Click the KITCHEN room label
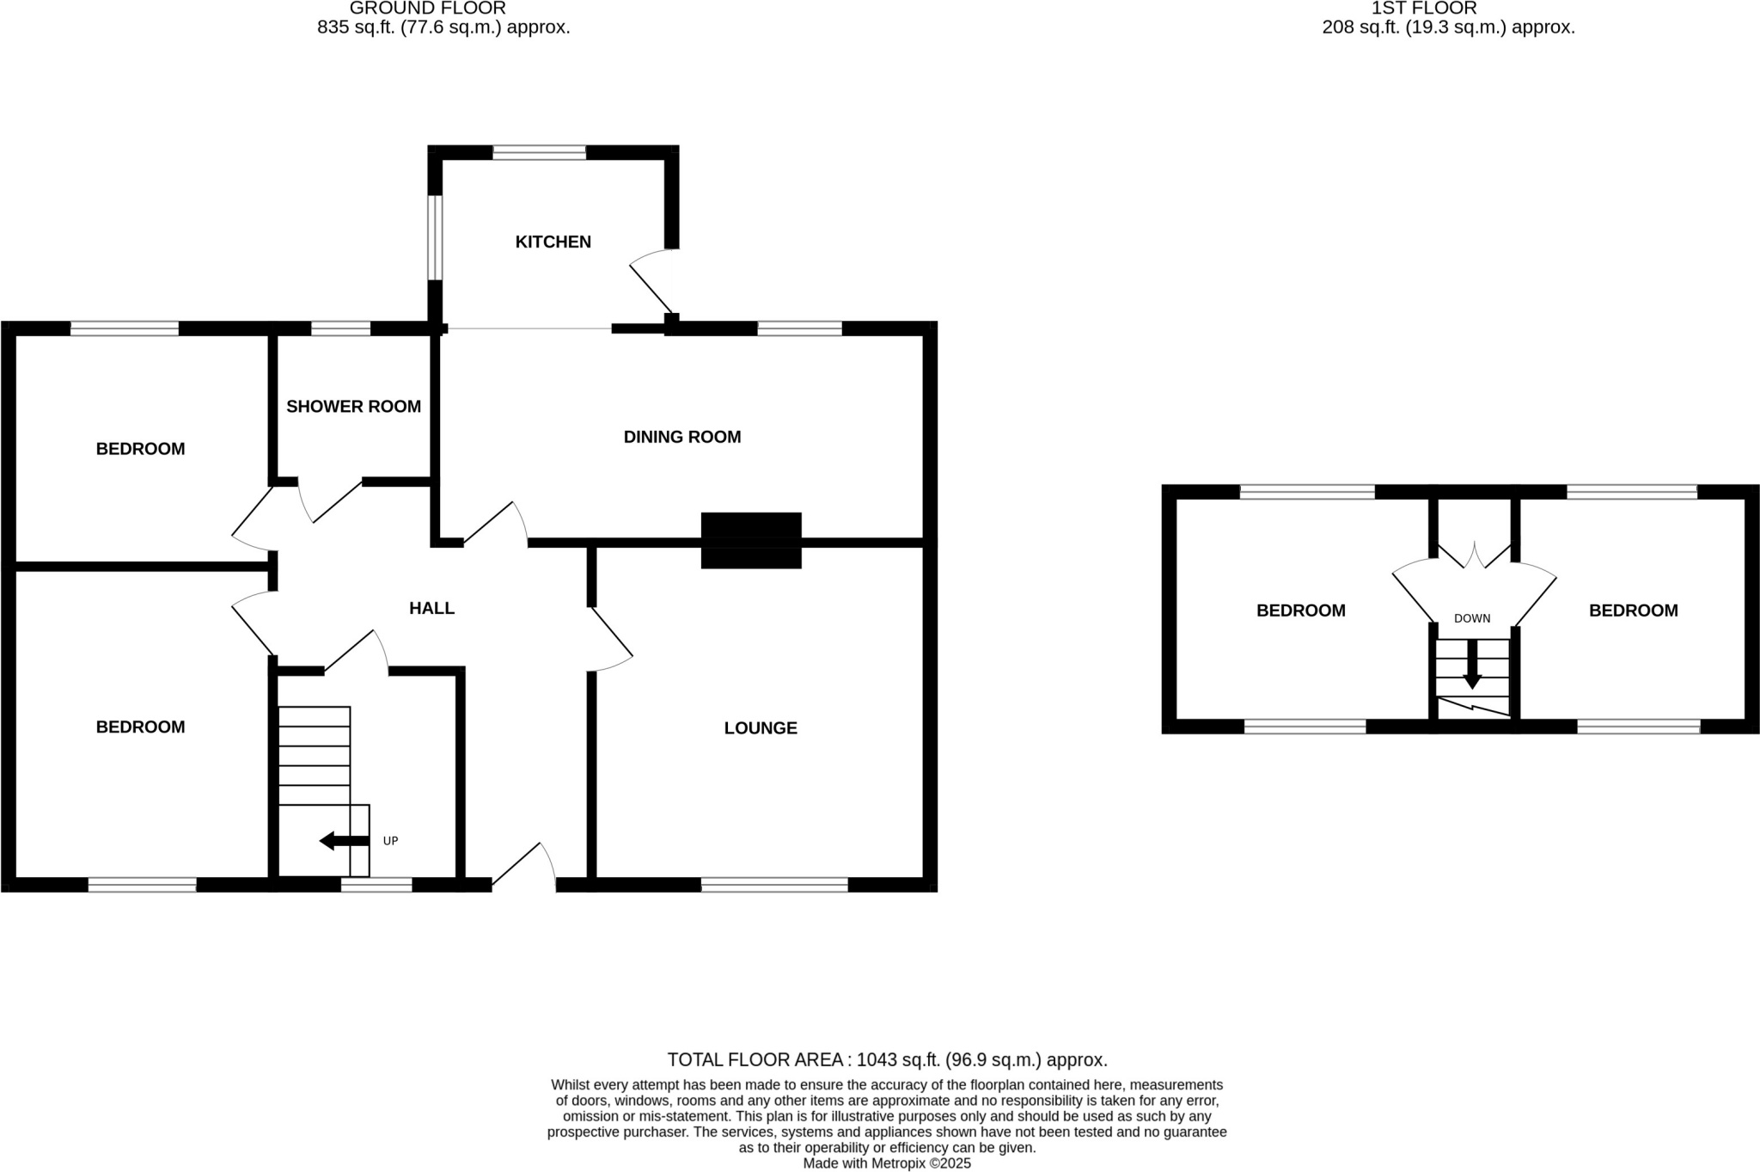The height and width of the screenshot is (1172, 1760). [x=553, y=242]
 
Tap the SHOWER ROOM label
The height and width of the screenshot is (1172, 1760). [x=353, y=406]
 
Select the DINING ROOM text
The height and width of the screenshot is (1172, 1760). [x=681, y=437]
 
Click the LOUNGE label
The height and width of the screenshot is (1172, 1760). [x=761, y=728]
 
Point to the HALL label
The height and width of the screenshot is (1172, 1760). [x=431, y=609]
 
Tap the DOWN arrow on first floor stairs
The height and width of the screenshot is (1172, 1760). [x=1472, y=666]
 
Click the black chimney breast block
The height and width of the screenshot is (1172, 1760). [x=751, y=540]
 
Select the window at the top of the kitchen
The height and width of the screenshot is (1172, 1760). [x=539, y=153]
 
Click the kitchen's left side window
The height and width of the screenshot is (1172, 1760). [x=435, y=237]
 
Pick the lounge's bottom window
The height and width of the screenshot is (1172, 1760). [x=774, y=884]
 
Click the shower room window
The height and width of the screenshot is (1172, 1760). [x=340, y=328]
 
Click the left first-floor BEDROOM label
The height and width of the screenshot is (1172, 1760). [x=1300, y=611]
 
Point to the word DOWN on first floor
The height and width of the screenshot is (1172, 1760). [x=1471, y=618]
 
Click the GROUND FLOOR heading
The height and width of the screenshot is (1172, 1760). [x=427, y=9]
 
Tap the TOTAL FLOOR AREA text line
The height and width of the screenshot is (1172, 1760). [x=887, y=1059]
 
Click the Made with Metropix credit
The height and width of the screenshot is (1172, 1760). [x=887, y=1163]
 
